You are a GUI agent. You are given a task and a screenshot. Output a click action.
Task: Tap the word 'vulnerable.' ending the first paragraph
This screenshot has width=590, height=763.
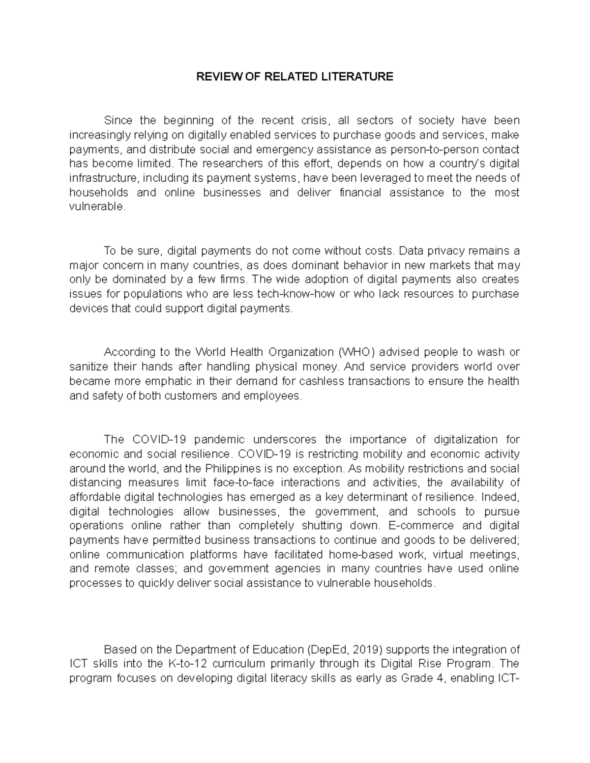tap(98, 207)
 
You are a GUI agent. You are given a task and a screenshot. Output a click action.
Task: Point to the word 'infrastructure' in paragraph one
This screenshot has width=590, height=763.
tap(100, 178)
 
